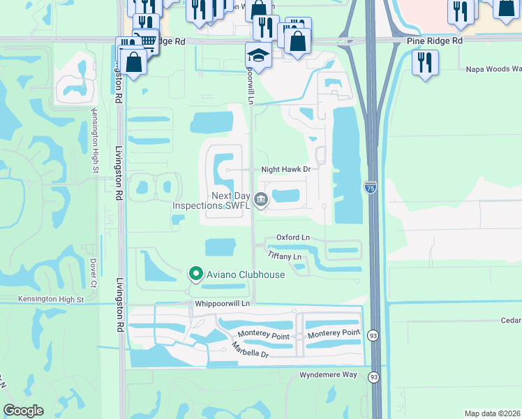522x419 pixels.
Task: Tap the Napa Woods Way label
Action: tap(493, 69)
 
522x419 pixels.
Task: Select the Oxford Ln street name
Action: tap(292, 237)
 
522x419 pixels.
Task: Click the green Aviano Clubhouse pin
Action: tap(196, 274)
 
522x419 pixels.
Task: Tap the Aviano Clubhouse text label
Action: tap(244, 274)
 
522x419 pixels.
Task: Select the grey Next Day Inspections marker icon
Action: tap(261, 200)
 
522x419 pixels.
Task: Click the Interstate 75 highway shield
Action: tap(370, 186)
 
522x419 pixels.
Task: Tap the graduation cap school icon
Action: tap(258, 55)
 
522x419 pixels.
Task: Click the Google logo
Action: tap(24, 411)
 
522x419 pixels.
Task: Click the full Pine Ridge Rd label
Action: tap(434, 41)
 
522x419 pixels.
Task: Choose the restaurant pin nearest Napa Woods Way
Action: tap(424, 63)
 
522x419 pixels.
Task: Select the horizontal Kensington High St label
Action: tap(51, 300)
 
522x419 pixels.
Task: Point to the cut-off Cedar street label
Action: tap(510, 320)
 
